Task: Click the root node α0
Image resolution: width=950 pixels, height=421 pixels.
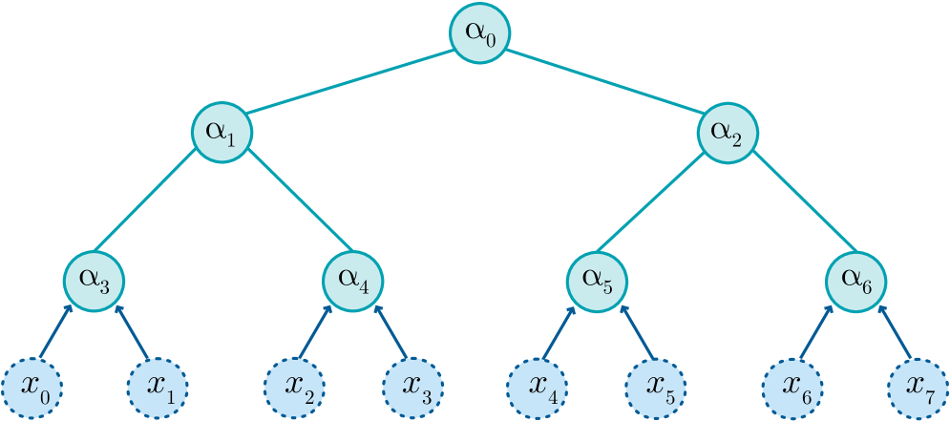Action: click(480, 34)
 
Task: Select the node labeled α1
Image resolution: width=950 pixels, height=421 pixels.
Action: click(222, 133)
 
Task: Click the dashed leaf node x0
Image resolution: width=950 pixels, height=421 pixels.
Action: click(32, 388)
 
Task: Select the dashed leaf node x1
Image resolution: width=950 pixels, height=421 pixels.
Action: click(158, 388)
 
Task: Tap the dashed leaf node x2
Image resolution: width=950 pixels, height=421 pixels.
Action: click(294, 388)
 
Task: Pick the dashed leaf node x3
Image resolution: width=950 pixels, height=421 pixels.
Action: click(412, 388)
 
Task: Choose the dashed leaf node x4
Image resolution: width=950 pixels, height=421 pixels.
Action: click(537, 388)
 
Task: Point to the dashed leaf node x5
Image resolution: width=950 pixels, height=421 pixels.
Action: click(656, 388)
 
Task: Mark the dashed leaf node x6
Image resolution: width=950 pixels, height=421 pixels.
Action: click(792, 388)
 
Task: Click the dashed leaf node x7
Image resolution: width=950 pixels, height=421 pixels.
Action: click(918, 388)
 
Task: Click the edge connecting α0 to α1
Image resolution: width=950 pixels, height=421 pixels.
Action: click(351, 83)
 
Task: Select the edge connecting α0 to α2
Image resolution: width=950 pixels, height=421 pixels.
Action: click(603, 83)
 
